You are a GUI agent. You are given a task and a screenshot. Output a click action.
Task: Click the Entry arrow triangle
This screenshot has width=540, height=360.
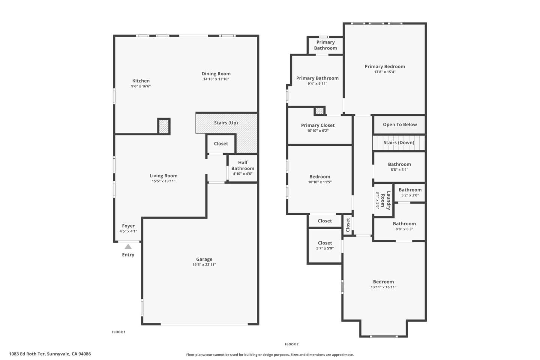[128, 247]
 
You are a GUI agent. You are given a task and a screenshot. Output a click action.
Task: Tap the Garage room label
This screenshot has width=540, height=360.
[204, 259]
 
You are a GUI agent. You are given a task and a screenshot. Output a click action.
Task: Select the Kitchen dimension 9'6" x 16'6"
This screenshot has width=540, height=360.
[141, 86]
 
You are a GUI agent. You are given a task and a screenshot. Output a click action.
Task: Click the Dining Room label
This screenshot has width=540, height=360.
[216, 74]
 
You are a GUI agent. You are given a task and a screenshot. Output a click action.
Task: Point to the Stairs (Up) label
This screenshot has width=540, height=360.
[226, 123]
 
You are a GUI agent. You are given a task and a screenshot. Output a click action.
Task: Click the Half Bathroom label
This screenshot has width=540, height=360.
[243, 165]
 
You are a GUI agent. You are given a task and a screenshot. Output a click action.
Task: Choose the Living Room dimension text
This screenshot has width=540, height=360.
[163, 181]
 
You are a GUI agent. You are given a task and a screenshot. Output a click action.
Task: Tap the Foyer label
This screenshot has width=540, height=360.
[128, 226]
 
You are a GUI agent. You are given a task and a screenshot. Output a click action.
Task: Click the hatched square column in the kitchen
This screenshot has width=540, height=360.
[164, 126]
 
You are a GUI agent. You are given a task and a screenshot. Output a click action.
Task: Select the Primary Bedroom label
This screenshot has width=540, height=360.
[385, 66]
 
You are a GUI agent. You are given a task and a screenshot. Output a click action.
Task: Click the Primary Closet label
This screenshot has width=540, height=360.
[318, 125]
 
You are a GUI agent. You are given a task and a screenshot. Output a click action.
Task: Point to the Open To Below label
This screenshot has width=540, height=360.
[400, 124]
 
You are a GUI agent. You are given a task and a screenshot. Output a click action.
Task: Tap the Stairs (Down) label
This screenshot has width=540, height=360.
[399, 142]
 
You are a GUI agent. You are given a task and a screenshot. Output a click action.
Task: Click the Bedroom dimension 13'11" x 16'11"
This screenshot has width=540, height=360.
[383, 287]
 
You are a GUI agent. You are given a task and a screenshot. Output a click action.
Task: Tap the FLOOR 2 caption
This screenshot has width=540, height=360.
[292, 344]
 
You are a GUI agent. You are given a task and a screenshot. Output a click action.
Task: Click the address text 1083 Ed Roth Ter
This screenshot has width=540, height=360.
[50, 354]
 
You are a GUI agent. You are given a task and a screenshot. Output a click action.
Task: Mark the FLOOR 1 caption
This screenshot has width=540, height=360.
[118, 332]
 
